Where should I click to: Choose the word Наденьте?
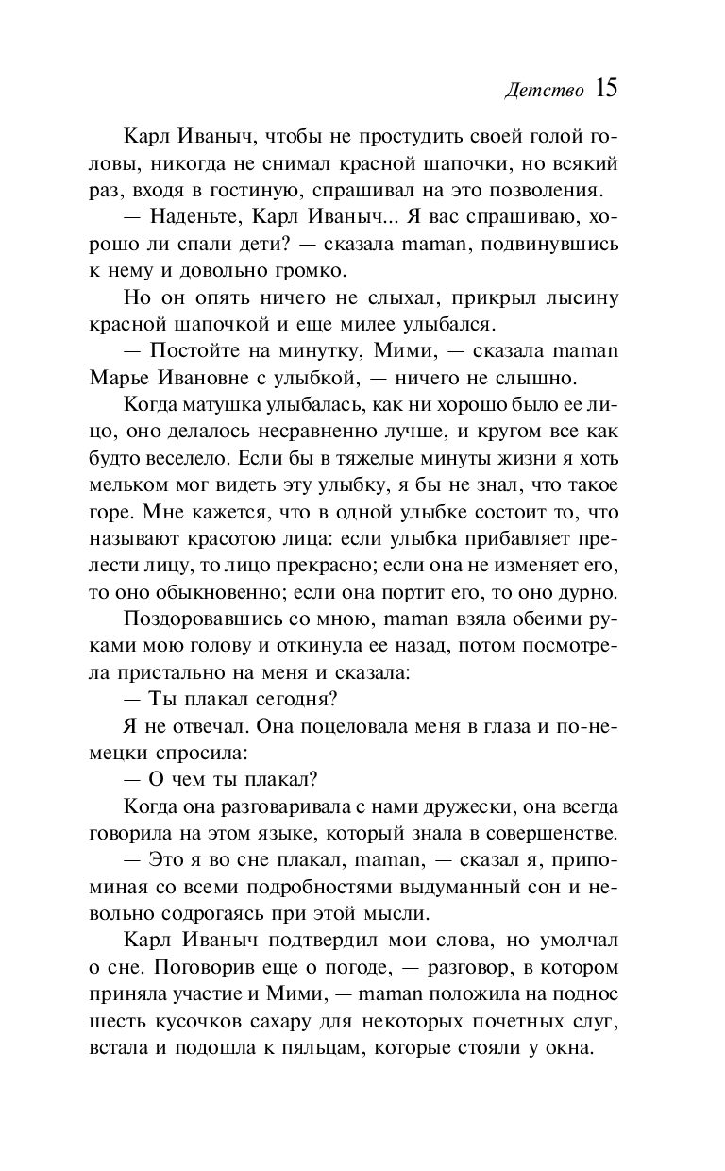coord(192,218)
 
